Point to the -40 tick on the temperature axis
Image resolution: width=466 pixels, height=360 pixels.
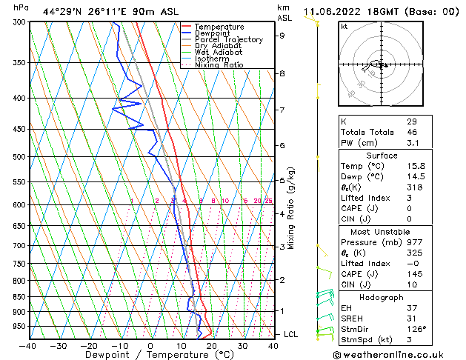[x=28, y=345]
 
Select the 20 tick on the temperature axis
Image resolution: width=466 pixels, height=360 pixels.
[x=212, y=345]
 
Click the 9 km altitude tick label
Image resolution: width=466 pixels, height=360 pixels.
[x=282, y=35]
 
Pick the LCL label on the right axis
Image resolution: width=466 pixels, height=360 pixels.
[x=290, y=335]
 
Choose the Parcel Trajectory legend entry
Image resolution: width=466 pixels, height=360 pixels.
[x=228, y=40]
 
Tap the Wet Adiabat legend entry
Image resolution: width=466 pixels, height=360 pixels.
[x=218, y=53]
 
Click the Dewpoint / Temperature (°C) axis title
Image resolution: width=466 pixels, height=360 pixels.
[x=151, y=356]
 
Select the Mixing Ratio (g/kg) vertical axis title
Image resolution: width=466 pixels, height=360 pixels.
[x=292, y=208]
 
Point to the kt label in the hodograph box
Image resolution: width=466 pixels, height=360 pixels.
[x=344, y=26]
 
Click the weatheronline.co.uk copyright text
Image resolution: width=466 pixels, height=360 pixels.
[x=396, y=354]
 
